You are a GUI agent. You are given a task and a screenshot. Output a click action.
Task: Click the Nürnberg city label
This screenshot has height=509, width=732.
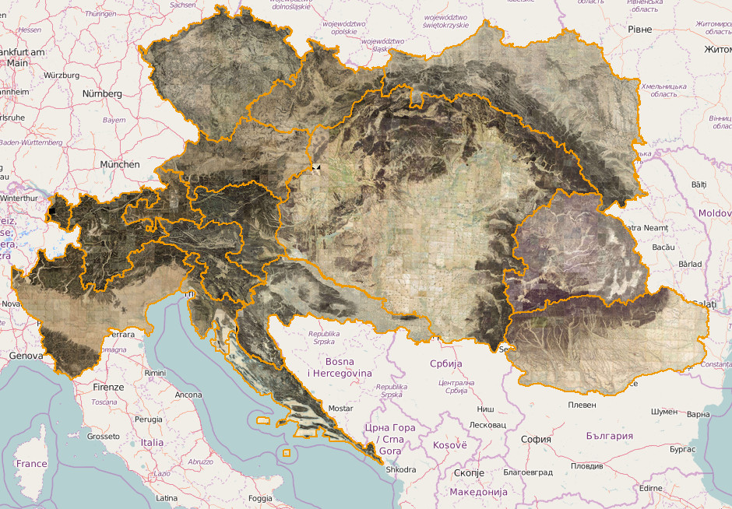102,93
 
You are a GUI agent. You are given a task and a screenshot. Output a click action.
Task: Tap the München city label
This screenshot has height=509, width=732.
119,164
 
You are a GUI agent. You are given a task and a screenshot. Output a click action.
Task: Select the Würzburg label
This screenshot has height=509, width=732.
62,75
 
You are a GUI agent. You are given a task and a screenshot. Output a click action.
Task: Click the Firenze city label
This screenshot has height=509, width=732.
108,387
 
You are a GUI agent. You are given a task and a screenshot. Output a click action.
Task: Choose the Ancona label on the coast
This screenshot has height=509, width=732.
188,395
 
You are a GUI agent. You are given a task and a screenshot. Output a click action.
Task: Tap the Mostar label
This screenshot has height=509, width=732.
341,408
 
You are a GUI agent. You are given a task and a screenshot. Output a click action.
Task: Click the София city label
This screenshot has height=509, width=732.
536,439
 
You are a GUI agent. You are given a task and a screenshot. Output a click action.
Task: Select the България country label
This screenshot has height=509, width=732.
609,436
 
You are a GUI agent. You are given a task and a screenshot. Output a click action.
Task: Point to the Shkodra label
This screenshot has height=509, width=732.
400,469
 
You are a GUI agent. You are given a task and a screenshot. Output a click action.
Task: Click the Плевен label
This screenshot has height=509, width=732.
582,405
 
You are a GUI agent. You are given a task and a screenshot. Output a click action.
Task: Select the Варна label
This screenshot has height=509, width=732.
699,414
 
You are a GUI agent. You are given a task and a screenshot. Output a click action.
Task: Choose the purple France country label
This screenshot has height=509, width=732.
32,464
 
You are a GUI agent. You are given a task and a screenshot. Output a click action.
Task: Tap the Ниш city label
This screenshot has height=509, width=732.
484,409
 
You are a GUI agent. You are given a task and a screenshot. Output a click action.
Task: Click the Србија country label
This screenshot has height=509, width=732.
445,363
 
